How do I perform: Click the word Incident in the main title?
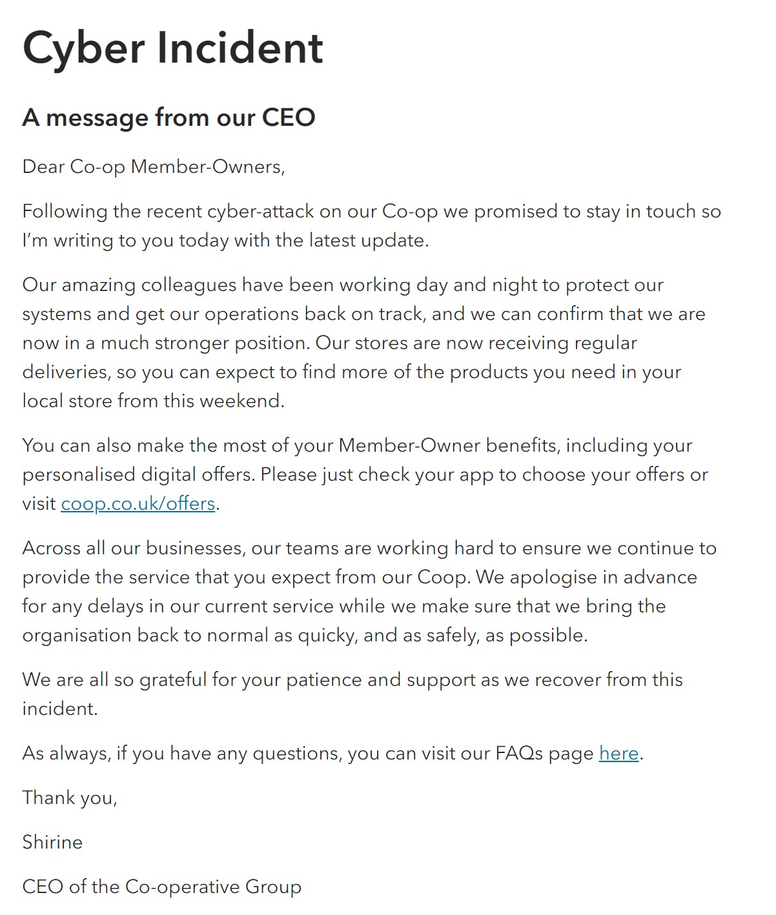point(240,48)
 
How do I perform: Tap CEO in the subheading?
point(289,117)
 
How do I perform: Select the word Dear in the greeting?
point(43,166)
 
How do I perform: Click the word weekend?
point(241,401)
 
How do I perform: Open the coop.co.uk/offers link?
point(138,503)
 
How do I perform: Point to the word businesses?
point(196,548)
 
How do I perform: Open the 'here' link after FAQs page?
point(618,753)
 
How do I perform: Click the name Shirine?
point(52,842)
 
